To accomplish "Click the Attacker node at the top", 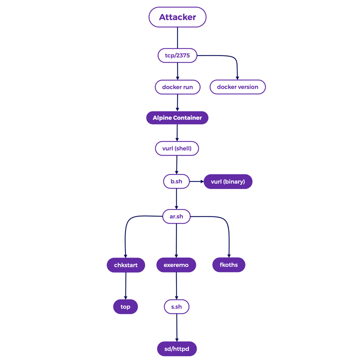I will click(x=177, y=17).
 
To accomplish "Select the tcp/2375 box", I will click(x=177, y=55).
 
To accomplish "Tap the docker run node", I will click(x=177, y=87).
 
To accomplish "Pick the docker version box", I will click(x=237, y=87).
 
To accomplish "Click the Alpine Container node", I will click(x=177, y=118).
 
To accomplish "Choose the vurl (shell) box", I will click(x=177, y=148).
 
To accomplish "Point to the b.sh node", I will click(x=176, y=181).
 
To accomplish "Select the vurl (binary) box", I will click(x=228, y=181).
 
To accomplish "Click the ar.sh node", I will click(x=176, y=216).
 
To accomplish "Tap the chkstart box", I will click(x=125, y=265).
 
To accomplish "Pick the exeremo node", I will click(x=176, y=265).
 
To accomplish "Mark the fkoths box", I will click(x=229, y=264).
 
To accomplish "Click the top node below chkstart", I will click(x=125, y=306).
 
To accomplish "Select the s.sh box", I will click(x=176, y=306).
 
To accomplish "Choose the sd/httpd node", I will click(x=176, y=348).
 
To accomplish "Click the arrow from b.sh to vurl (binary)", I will click(x=196, y=181).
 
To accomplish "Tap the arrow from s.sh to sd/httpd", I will click(x=176, y=327).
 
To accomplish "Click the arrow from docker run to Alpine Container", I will click(x=177, y=102).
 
